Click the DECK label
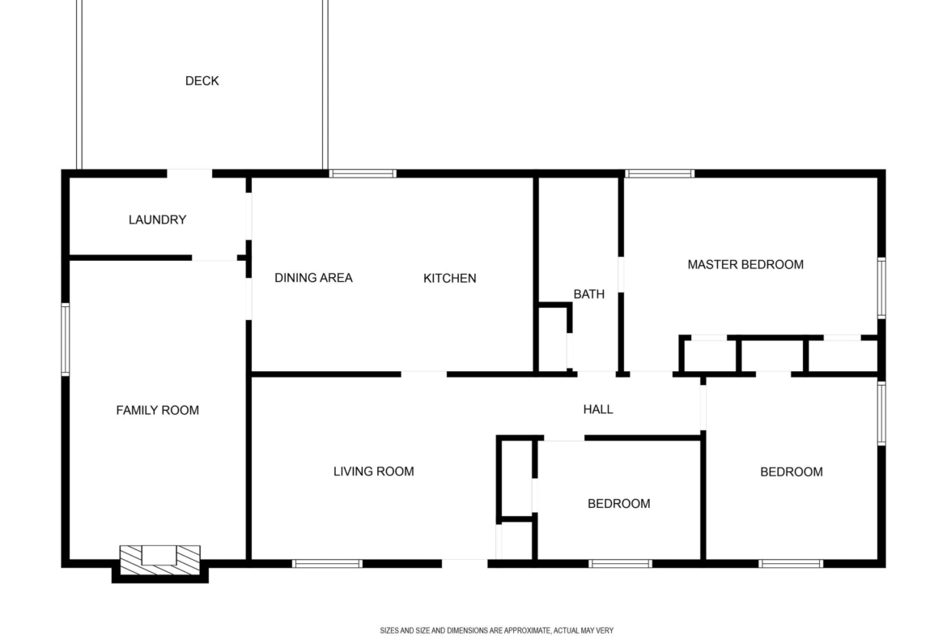[x=202, y=81]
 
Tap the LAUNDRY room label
[x=157, y=220]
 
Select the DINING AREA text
[x=313, y=278]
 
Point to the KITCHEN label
[x=449, y=278]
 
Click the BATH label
[x=589, y=294]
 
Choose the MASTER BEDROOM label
[x=745, y=264]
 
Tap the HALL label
[x=598, y=409]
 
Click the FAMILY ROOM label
[x=158, y=411]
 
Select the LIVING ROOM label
[x=374, y=472]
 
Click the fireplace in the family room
[x=160, y=561]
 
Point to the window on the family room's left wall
[x=66, y=339]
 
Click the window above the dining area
[x=363, y=174]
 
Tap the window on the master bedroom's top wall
[x=660, y=174]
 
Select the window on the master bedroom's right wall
[x=881, y=288]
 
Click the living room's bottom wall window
[x=327, y=564]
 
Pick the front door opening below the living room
[x=465, y=564]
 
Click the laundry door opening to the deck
[x=189, y=174]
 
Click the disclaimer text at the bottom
[x=496, y=630]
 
